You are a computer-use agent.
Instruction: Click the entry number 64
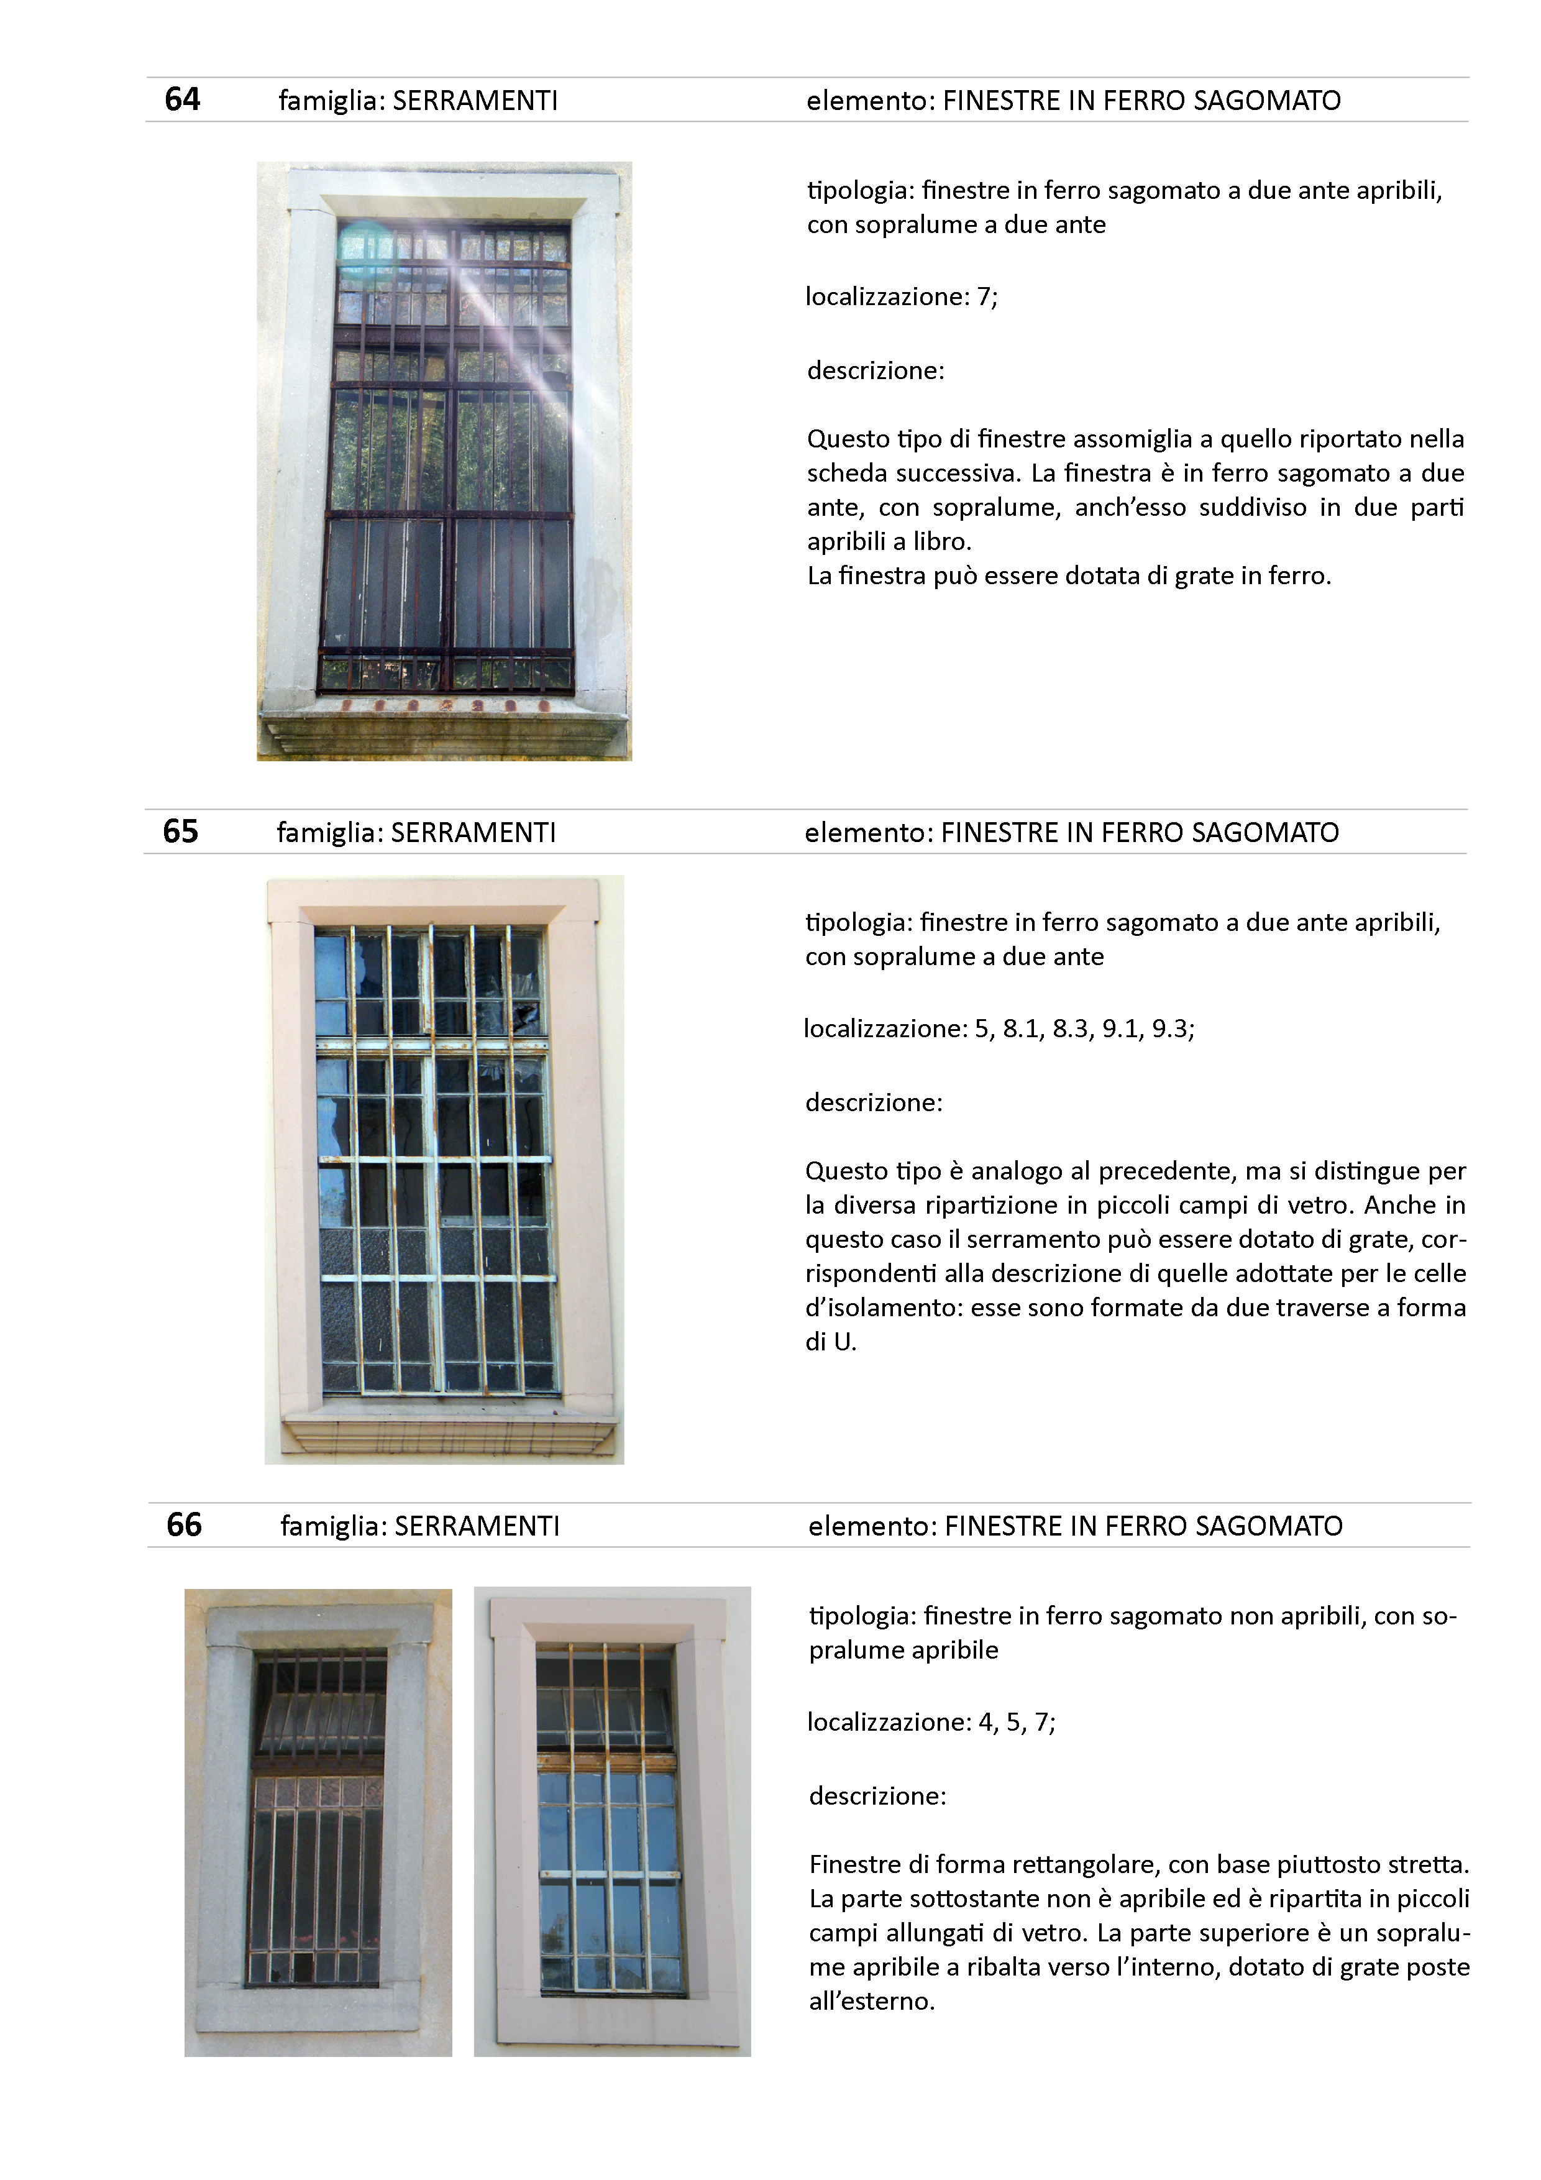point(182,99)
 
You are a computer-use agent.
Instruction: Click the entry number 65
point(180,831)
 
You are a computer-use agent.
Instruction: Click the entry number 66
point(184,1525)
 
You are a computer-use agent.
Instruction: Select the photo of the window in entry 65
point(444,1169)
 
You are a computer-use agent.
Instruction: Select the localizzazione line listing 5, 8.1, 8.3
point(999,1029)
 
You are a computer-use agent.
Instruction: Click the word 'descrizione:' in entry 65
point(874,1103)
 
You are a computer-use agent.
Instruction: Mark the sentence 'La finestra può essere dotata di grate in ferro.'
point(1069,576)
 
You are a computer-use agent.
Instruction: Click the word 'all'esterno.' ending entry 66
point(872,2002)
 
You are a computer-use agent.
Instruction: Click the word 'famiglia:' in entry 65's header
point(329,833)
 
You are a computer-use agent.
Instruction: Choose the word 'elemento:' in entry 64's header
point(870,101)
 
